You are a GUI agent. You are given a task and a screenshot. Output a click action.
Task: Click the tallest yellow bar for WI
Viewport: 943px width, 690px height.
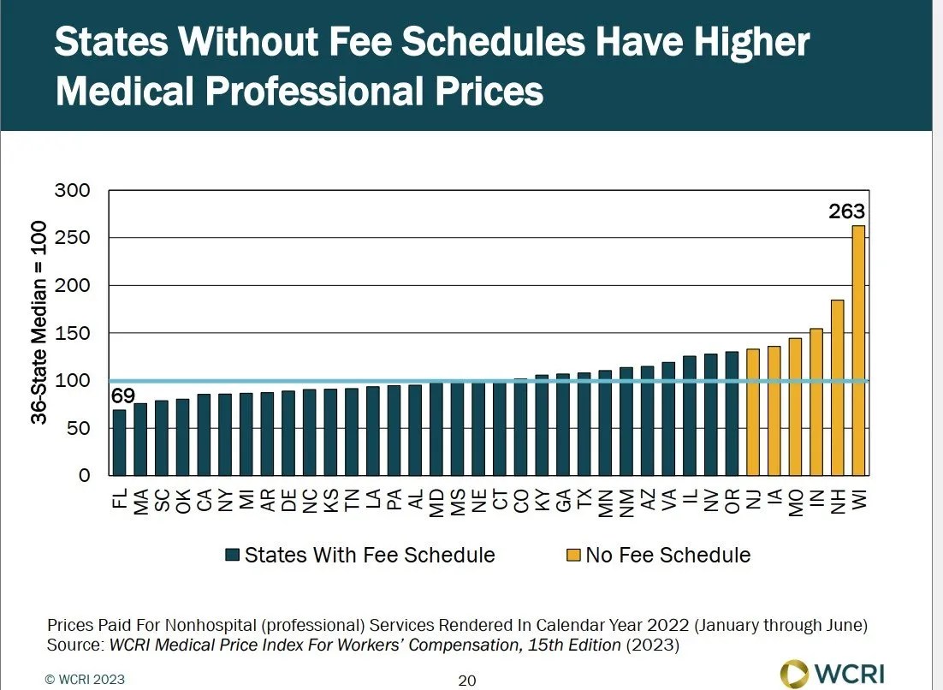click(859, 351)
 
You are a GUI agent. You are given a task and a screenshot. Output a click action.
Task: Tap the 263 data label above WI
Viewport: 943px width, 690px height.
click(847, 211)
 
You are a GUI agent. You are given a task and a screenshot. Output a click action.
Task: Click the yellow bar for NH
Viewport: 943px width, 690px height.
click(838, 388)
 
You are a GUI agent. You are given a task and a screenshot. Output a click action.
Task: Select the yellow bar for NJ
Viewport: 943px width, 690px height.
click(753, 412)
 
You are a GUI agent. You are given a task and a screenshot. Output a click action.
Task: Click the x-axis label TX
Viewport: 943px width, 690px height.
click(584, 500)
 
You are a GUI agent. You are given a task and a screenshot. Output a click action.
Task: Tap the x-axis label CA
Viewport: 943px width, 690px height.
click(204, 500)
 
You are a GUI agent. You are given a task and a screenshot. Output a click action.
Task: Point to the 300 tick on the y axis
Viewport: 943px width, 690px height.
click(73, 190)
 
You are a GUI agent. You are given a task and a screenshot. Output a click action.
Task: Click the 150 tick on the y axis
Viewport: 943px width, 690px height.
click(73, 333)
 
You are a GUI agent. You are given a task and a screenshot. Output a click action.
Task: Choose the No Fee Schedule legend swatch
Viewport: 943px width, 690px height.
click(572, 555)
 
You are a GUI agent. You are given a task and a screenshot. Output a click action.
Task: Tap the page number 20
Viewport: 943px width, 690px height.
click(466, 681)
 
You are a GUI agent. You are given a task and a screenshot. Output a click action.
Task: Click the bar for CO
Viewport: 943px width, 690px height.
click(520, 427)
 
